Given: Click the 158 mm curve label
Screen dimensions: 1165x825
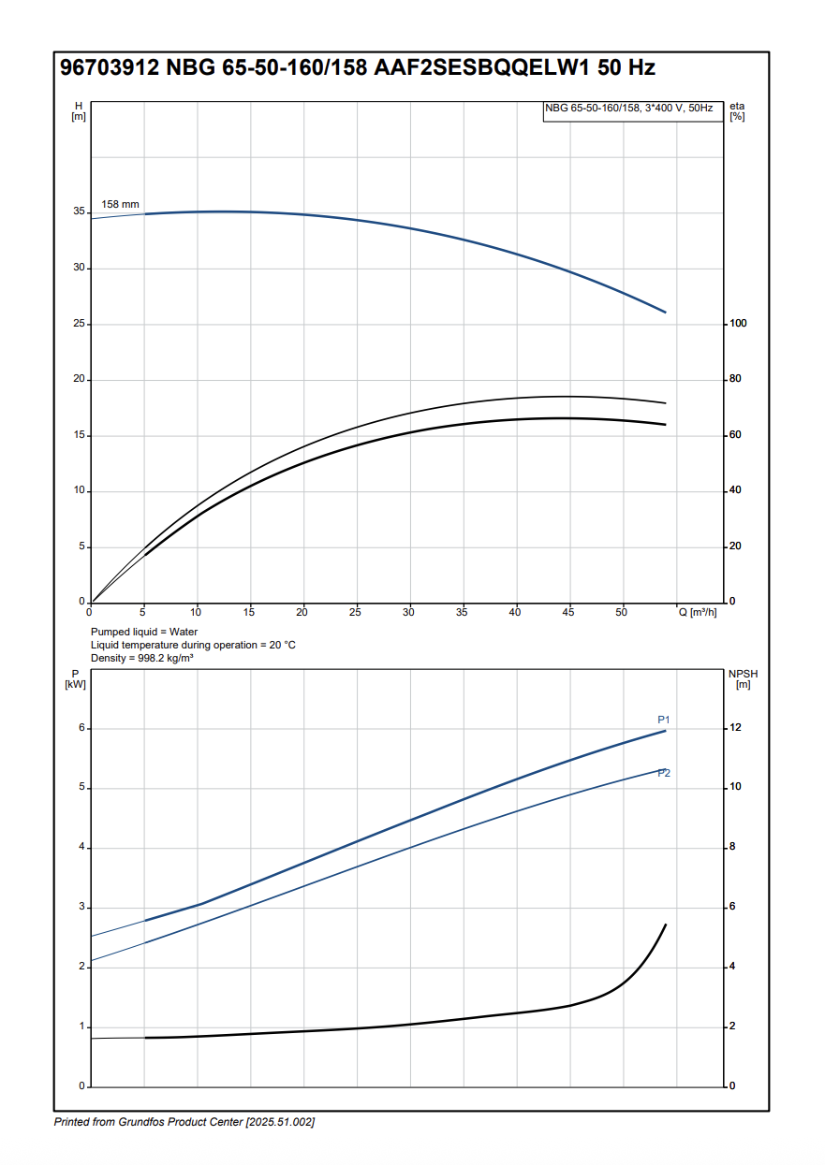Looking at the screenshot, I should tap(120, 204).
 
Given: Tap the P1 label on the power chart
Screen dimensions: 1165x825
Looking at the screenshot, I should tap(664, 720).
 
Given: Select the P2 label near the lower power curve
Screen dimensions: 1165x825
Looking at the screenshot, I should tap(664, 773).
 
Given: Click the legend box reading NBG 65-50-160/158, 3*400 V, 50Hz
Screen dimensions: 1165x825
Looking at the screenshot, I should tap(628, 109).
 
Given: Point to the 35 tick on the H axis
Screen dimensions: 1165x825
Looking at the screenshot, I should tap(79, 212).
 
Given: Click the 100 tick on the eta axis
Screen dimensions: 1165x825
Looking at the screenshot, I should tap(737, 324).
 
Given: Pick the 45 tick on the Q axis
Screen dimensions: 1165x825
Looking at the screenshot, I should tap(568, 612).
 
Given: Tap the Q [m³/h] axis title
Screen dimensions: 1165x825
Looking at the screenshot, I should tap(698, 612).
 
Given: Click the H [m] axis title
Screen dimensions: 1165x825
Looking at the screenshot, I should tap(79, 110).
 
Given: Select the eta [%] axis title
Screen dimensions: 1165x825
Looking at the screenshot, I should tap(737, 110).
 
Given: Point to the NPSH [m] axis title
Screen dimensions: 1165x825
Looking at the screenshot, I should tap(743, 679).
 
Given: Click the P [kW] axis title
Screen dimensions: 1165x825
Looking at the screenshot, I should tap(76, 679).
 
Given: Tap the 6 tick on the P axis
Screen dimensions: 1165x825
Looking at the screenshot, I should tap(81, 728).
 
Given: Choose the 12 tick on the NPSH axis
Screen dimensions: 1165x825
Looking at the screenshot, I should tap(735, 728).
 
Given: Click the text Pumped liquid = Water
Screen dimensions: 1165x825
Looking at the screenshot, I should tap(144, 632).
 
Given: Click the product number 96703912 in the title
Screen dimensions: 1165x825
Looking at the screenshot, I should tap(110, 68).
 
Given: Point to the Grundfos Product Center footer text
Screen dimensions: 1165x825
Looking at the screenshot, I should tap(184, 1122).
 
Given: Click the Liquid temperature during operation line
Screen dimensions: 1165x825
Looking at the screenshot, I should tap(193, 645).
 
